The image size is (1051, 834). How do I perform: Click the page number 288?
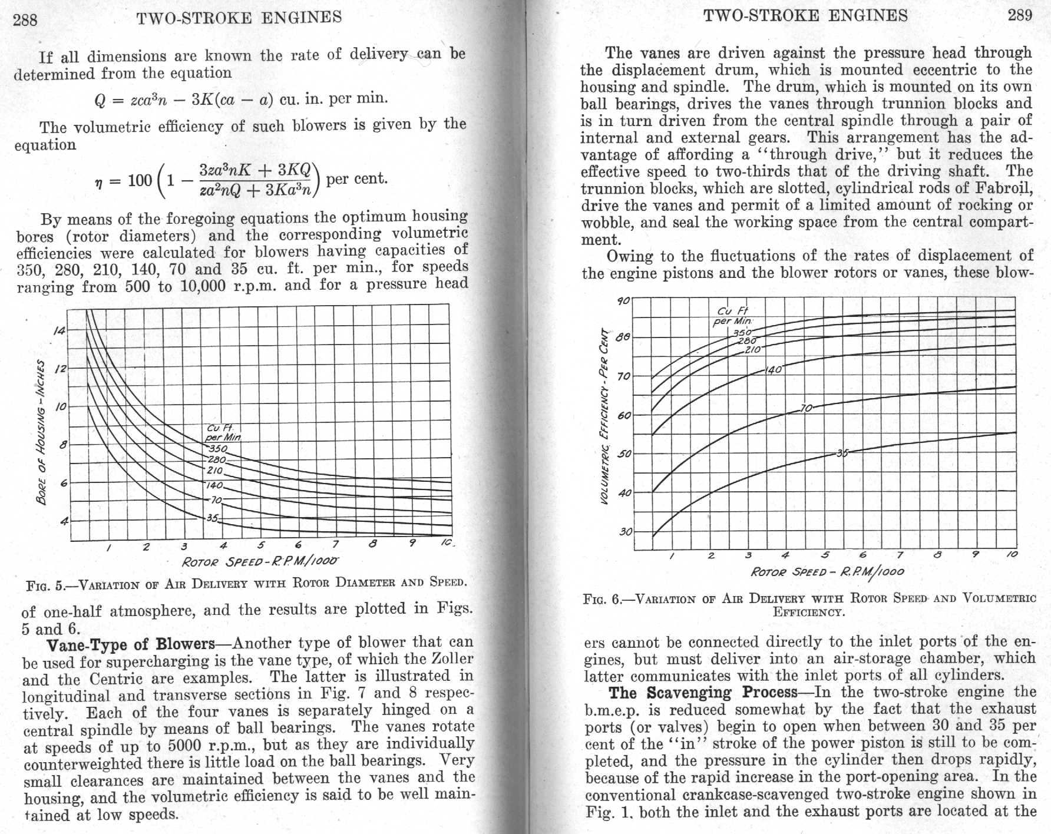click(25, 21)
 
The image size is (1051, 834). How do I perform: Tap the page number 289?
click(1020, 15)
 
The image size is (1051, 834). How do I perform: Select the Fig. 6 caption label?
click(602, 600)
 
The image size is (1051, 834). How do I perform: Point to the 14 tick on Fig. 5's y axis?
click(60, 331)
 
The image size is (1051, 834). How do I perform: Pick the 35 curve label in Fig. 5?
click(213, 518)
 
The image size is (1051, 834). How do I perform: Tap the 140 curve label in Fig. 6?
click(773, 370)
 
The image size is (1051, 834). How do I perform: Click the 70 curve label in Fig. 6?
click(806, 408)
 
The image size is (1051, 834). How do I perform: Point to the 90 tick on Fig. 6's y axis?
click(623, 301)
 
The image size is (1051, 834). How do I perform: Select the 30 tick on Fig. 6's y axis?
click(625, 532)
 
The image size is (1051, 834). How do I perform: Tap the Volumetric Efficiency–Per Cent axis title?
click(604, 415)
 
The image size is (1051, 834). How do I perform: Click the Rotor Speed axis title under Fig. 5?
click(260, 561)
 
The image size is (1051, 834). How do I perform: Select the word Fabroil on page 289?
click(1007, 189)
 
